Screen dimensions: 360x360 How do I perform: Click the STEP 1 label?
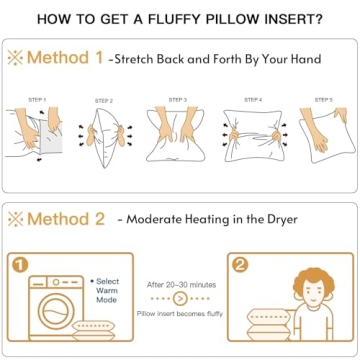pos(37,100)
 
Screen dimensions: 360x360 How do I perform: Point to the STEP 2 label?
pos(104,101)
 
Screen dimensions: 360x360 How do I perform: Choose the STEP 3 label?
pos(178,100)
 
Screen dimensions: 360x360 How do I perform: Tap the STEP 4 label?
pos(253,100)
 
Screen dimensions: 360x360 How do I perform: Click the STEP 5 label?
pos(323,100)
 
